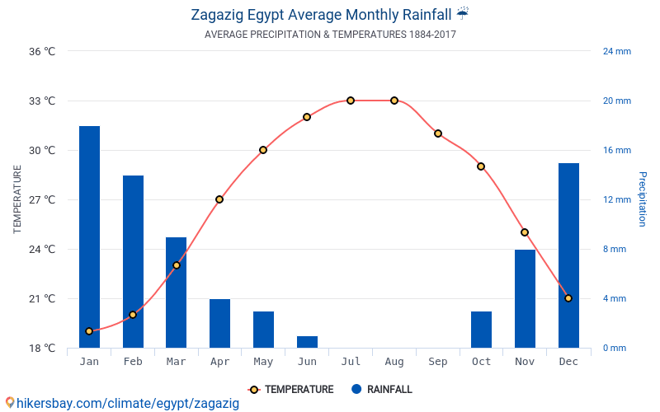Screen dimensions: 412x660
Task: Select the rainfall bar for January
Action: pyautogui.click(x=89, y=236)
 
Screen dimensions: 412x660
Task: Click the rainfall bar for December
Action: pyautogui.click(x=568, y=255)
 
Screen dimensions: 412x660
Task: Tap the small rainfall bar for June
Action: pyautogui.click(x=307, y=342)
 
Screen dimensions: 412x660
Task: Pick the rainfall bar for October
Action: pyautogui.click(x=481, y=330)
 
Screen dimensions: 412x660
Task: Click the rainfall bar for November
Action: pyautogui.click(x=525, y=298)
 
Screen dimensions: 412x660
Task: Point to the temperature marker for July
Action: pyautogui.click(x=351, y=101)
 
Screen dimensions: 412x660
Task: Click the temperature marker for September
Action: pyautogui.click(x=438, y=133)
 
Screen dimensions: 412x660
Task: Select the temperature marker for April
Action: pyautogui.click(x=219, y=199)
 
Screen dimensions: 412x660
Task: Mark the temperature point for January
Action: pyautogui.click(x=89, y=331)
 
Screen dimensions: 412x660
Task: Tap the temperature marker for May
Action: pyautogui.click(x=263, y=150)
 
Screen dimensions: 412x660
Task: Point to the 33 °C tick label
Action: pyautogui.click(x=42, y=101)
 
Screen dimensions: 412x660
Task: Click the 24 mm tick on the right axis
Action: pyautogui.click(x=616, y=52)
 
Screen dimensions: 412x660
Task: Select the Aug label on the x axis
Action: pyautogui.click(x=394, y=362)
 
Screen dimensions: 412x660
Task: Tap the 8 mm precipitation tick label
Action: pyautogui.click(x=614, y=250)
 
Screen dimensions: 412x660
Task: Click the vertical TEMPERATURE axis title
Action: pyautogui.click(x=18, y=199)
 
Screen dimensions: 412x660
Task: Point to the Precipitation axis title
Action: pyautogui.click(x=643, y=199)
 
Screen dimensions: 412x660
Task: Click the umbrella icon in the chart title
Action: pyautogui.click(x=462, y=13)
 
